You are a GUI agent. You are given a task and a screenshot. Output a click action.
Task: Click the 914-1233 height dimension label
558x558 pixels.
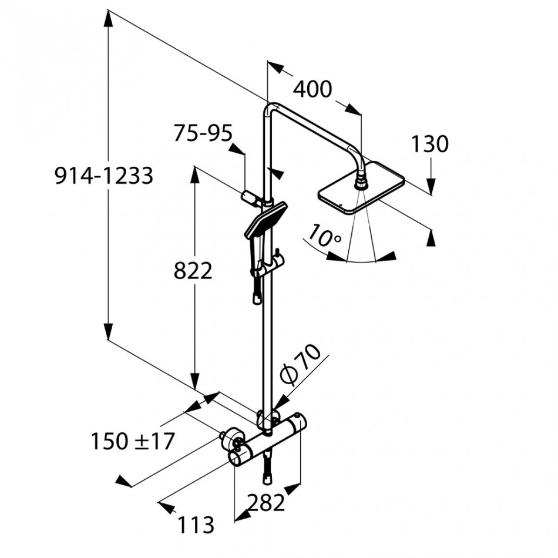tap(104, 176)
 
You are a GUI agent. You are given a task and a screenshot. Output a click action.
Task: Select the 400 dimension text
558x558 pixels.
tap(312, 89)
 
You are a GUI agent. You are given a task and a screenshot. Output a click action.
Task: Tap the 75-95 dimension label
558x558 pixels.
tap(203, 133)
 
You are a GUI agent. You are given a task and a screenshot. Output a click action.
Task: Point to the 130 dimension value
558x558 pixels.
tap(429, 144)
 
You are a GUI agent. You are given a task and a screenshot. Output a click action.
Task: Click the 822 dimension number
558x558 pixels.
tap(193, 271)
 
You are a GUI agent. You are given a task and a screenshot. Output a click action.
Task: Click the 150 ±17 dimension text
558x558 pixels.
tap(133, 440)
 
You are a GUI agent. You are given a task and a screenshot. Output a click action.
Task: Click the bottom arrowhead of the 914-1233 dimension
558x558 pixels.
tap(107, 332)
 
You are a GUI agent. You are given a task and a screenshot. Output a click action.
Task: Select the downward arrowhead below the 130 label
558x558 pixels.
tap(431, 187)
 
